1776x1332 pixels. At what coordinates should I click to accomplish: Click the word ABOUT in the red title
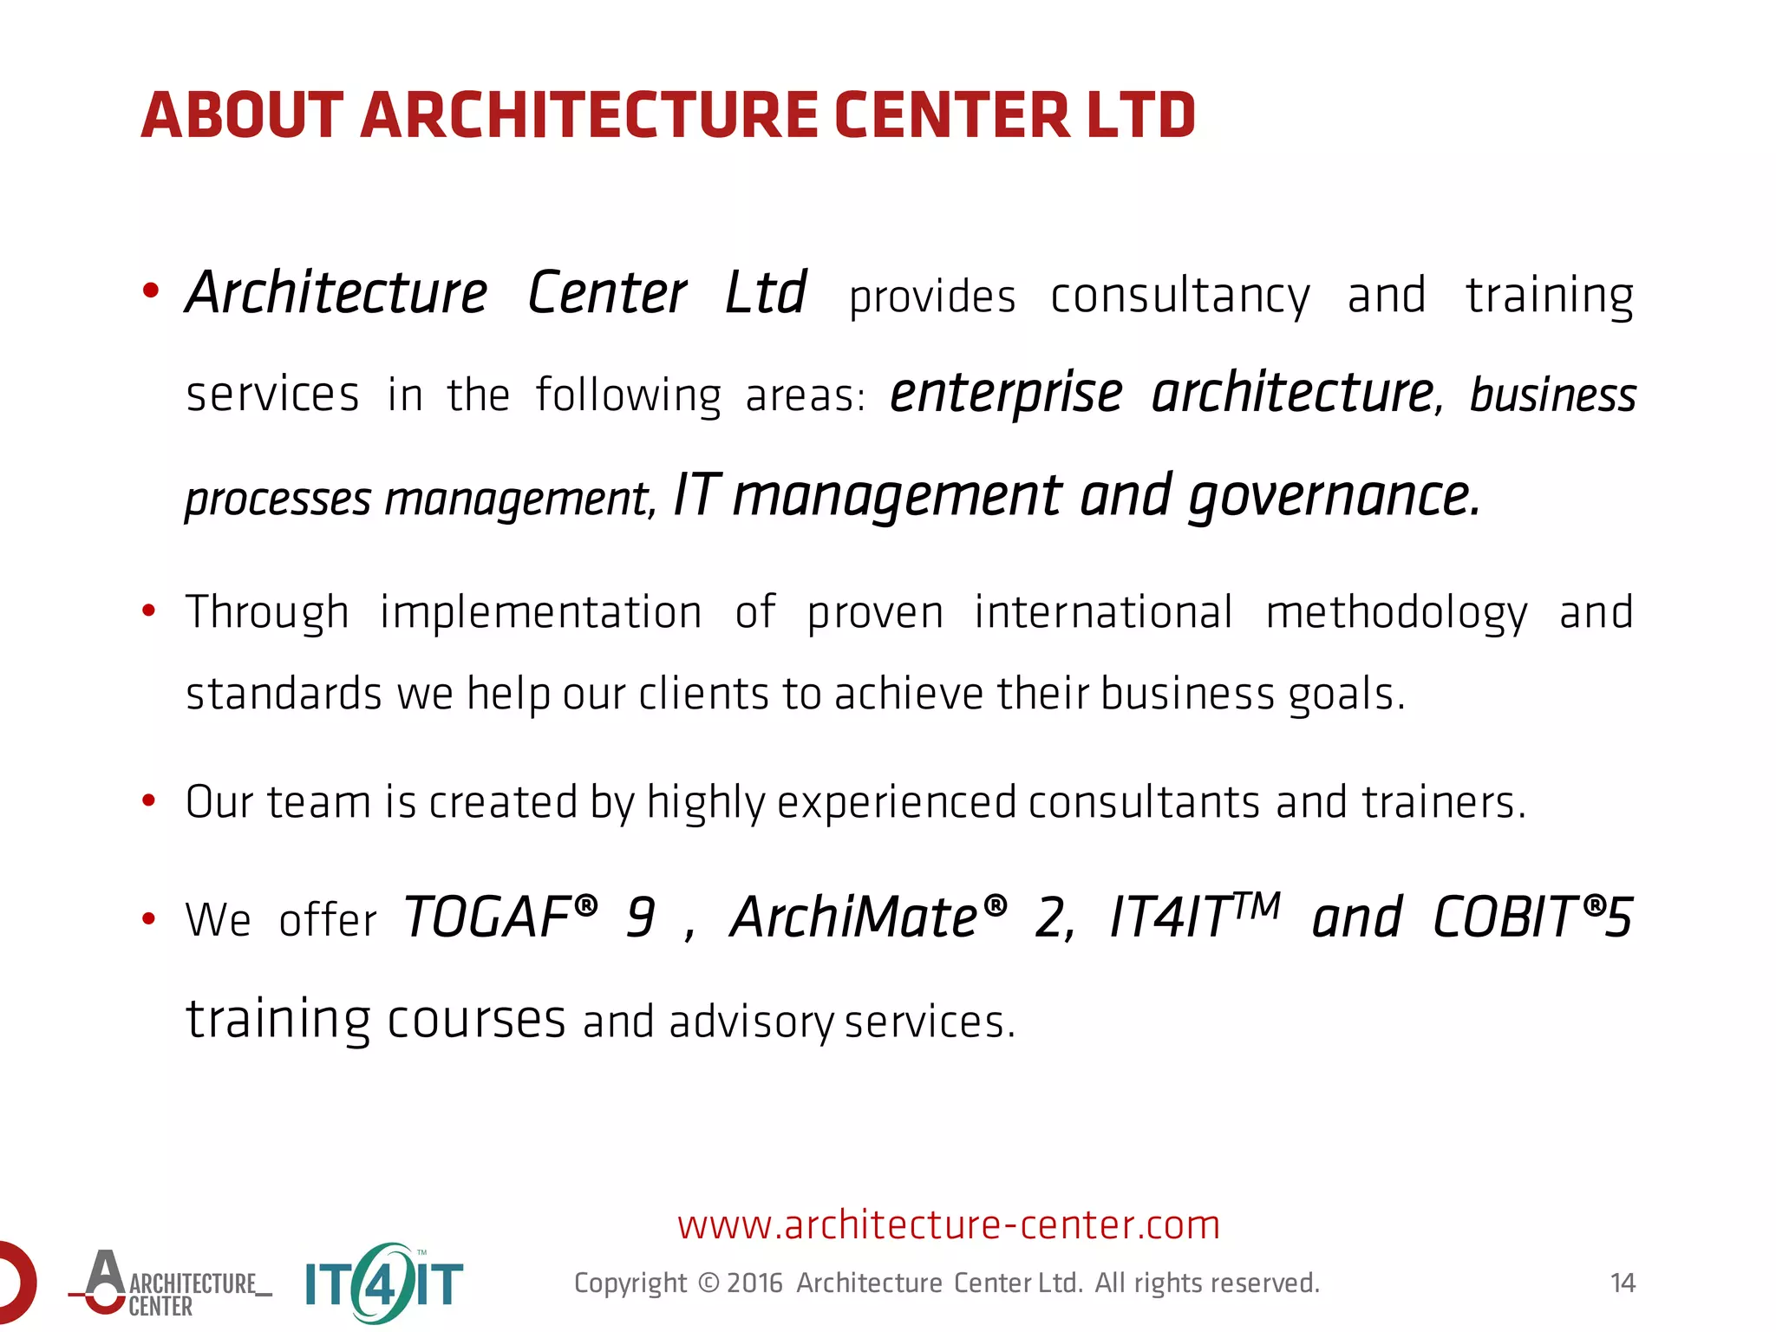tap(242, 115)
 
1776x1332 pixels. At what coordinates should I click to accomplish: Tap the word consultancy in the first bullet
tap(1179, 297)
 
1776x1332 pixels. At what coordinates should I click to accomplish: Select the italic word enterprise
tap(1006, 393)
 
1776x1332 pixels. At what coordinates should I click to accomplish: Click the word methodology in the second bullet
tap(1396, 613)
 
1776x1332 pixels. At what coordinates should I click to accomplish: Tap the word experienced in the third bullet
tap(896, 802)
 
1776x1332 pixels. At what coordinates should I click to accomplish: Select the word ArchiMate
tap(854, 917)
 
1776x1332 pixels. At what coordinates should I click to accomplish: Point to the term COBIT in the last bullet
tap(1505, 917)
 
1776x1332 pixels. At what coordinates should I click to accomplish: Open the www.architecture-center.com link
tap(949, 1224)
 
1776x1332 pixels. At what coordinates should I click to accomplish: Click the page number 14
tap(1622, 1283)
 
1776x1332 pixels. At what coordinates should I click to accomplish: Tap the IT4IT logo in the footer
tap(384, 1283)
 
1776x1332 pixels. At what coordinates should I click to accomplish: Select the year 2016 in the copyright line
tap(754, 1283)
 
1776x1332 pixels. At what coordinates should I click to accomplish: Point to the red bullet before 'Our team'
tap(149, 800)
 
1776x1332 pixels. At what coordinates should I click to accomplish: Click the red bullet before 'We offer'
tap(149, 918)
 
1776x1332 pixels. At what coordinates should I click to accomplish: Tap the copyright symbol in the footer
tap(708, 1283)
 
